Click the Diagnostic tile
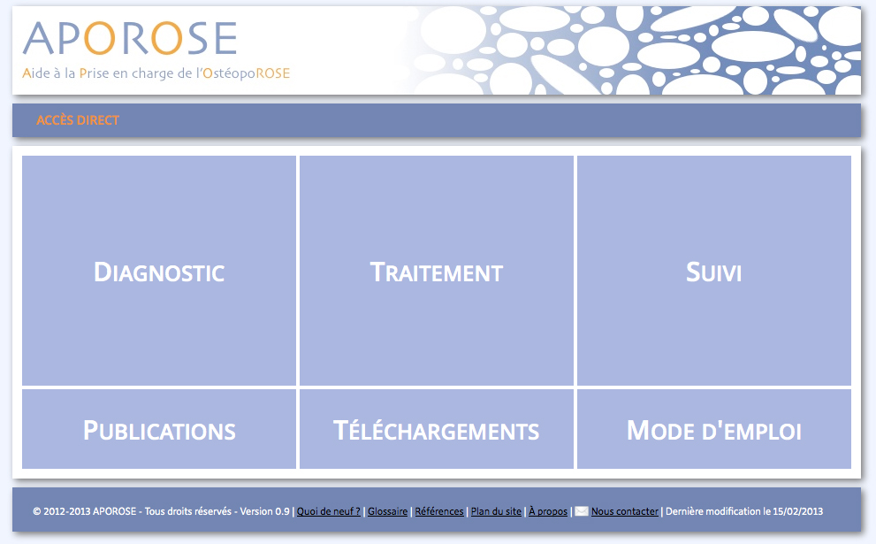tap(158, 271)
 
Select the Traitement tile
tap(437, 271)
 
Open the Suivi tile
tap(714, 271)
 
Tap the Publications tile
tap(158, 429)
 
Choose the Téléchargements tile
tap(437, 429)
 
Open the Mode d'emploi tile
tap(714, 429)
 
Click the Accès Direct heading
tap(78, 120)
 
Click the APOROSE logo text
tap(130, 38)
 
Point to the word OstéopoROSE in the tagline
tap(246, 73)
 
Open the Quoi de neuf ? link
tap(329, 511)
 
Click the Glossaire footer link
tap(388, 511)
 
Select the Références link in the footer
tap(439, 511)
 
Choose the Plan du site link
tap(496, 511)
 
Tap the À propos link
tap(548, 511)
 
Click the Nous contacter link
tap(625, 511)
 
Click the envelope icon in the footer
tap(582, 511)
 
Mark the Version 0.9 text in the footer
tap(265, 511)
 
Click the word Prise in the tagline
tap(94, 73)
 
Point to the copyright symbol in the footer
tap(37, 511)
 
